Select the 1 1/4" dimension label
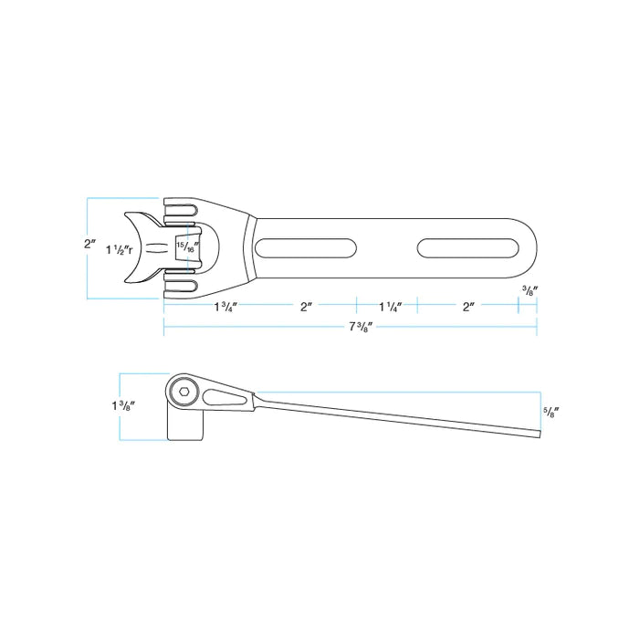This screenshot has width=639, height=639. pos(389,308)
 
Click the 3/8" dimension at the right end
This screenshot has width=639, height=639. pos(529,291)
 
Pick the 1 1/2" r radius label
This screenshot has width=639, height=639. pos(120,249)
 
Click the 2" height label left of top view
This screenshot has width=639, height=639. pos(89,244)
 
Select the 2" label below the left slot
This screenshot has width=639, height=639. pos(307,308)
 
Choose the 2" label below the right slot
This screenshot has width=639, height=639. pos(467,308)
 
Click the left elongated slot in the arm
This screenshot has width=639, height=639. pos(307,248)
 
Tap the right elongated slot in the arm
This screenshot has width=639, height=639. pos(467,248)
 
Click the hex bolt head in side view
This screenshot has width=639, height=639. pos(183,393)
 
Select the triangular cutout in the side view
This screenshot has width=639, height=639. pos(223,397)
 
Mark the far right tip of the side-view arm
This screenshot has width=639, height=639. pos(540,434)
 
